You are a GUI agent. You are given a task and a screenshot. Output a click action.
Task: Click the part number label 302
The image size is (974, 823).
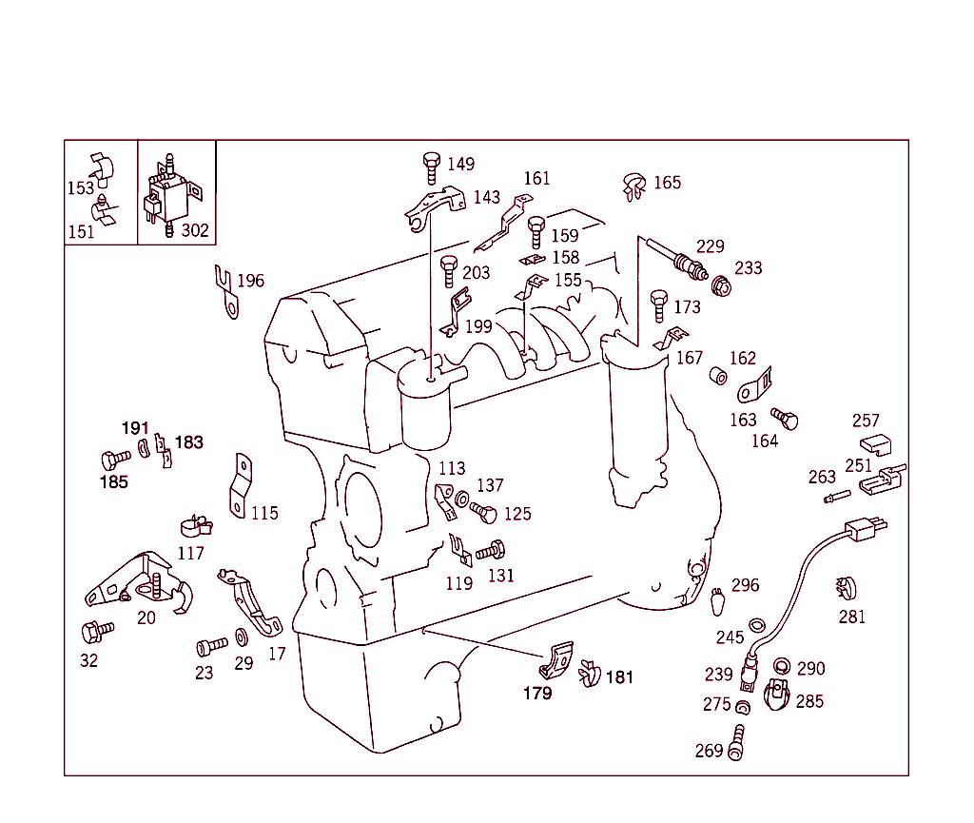(x=196, y=230)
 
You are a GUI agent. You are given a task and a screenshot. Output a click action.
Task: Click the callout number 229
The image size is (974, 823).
(x=710, y=246)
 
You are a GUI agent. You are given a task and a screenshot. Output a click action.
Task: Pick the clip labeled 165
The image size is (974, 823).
(x=633, y=185)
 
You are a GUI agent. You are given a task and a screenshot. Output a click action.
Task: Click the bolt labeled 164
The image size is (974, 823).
(x=785, y=420)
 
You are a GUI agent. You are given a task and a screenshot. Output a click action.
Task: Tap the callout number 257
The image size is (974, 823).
(x=866, y=421)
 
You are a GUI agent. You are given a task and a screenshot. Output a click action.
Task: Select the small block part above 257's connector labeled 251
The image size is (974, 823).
(x=874, y=444)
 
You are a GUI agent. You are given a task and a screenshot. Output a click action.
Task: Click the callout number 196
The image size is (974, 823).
(x=250, y=281)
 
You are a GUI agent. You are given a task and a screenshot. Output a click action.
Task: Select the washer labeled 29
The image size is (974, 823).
(x=240, y=637)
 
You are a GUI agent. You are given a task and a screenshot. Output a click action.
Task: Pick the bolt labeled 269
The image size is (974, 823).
(x=736, y=742)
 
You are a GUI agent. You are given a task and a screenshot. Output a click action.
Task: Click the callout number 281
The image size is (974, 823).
(x=852, y=617)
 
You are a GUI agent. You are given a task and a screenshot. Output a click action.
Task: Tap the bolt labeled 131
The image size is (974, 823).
(x=491, y=551)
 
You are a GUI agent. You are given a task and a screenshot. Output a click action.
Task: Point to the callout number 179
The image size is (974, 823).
(x=537, y=693)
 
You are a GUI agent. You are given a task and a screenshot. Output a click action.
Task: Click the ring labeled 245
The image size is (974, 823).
(x=757, y=625)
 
